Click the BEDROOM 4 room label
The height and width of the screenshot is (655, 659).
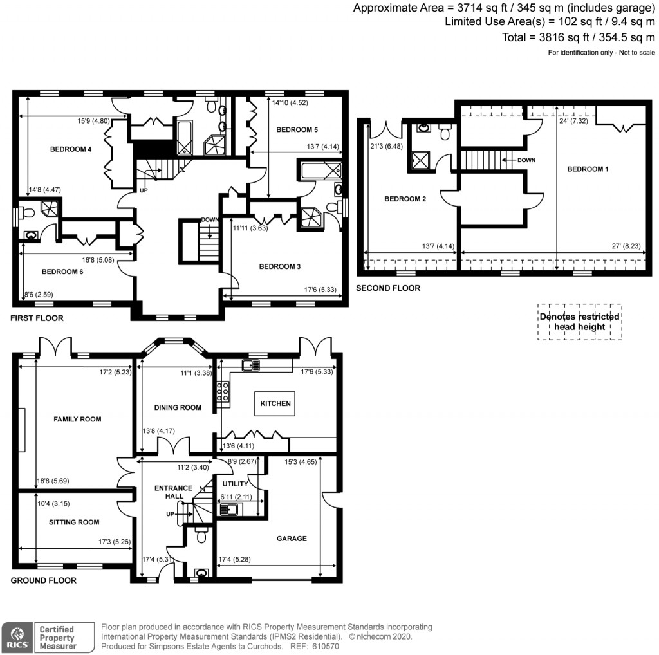pyautogui.click(x=71, y=149)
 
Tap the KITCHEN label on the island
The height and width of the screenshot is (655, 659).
pyautogui.click(x=275, y=404)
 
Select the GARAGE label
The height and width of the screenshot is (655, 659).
pyautogui.click(x=291, y=539)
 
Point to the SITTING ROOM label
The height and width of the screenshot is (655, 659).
pyautogui.click(x=74, y=522)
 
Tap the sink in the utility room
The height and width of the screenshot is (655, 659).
pyautogui.click(x=229, y=510)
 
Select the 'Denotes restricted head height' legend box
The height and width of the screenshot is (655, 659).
pyautogui.click(x=579, y=322)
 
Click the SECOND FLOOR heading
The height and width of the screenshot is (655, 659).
pyautogui.click(x=388, y=288)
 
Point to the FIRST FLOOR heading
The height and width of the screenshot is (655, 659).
pyautogui.click(x=37, y=318)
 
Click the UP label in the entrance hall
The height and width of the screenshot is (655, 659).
pyautogui.click(x=171, y=514)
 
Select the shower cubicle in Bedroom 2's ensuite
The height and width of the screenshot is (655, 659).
pyautogui.click(x=420, y=160)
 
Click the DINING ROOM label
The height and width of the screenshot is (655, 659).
pyautogui.click(x=178, y=407)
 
